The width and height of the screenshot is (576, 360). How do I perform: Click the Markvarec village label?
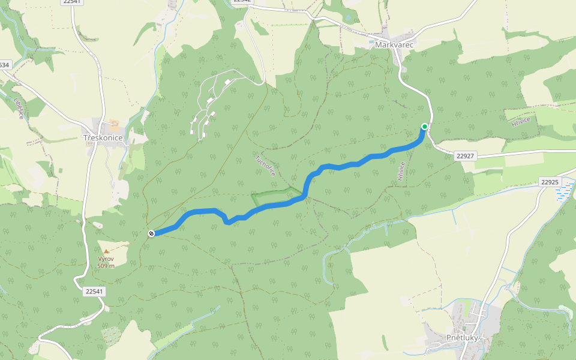[x=394, y=45]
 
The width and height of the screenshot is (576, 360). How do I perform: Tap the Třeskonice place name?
[x=103, y=138]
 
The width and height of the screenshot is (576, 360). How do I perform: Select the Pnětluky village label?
[x=462, y=338]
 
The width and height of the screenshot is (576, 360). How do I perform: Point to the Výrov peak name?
[x=106, y=259]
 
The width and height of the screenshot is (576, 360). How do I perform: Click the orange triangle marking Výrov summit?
[x=106, y=251]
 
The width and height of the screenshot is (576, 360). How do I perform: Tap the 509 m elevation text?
[x=106, y=266]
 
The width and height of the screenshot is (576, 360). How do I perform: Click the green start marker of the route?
[x=425, y=126]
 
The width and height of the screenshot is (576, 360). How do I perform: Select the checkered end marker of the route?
[x=151, y=233]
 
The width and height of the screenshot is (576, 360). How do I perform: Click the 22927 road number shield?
[x=465, y=156]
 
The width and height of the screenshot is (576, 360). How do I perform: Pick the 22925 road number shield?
[x=549, y=181]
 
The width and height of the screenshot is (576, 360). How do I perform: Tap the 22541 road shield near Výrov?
[x=94, y=291]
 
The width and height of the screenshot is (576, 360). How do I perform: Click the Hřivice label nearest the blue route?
[x=401, y=170]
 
